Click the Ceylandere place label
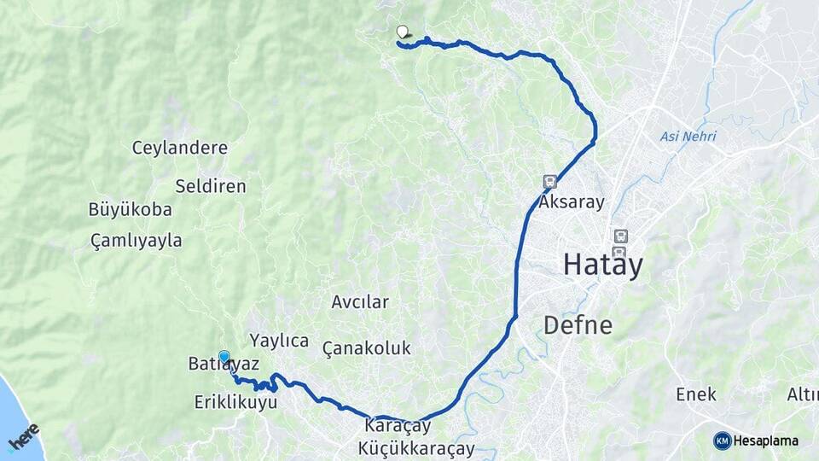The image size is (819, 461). pos(179,148)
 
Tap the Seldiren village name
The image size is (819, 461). pos(210,186)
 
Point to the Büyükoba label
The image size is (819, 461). pos(130,209)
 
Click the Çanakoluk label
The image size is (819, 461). pos(367,348)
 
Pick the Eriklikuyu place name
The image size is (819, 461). pos(235,401)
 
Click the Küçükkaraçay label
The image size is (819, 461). pos(416,447)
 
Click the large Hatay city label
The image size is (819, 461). pos(602,266)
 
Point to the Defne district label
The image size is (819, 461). pos(578,325)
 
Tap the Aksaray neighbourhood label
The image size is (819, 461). pos(572,202)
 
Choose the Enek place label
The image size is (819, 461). pos(695,394)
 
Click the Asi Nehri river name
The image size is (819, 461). pos(688,137)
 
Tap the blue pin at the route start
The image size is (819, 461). pos(224,357)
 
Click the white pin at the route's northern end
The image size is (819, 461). pos(402,32)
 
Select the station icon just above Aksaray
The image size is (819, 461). pos(549,181)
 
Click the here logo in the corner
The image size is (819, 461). pos(24,436)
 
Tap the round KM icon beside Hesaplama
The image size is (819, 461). pos(722,441)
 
